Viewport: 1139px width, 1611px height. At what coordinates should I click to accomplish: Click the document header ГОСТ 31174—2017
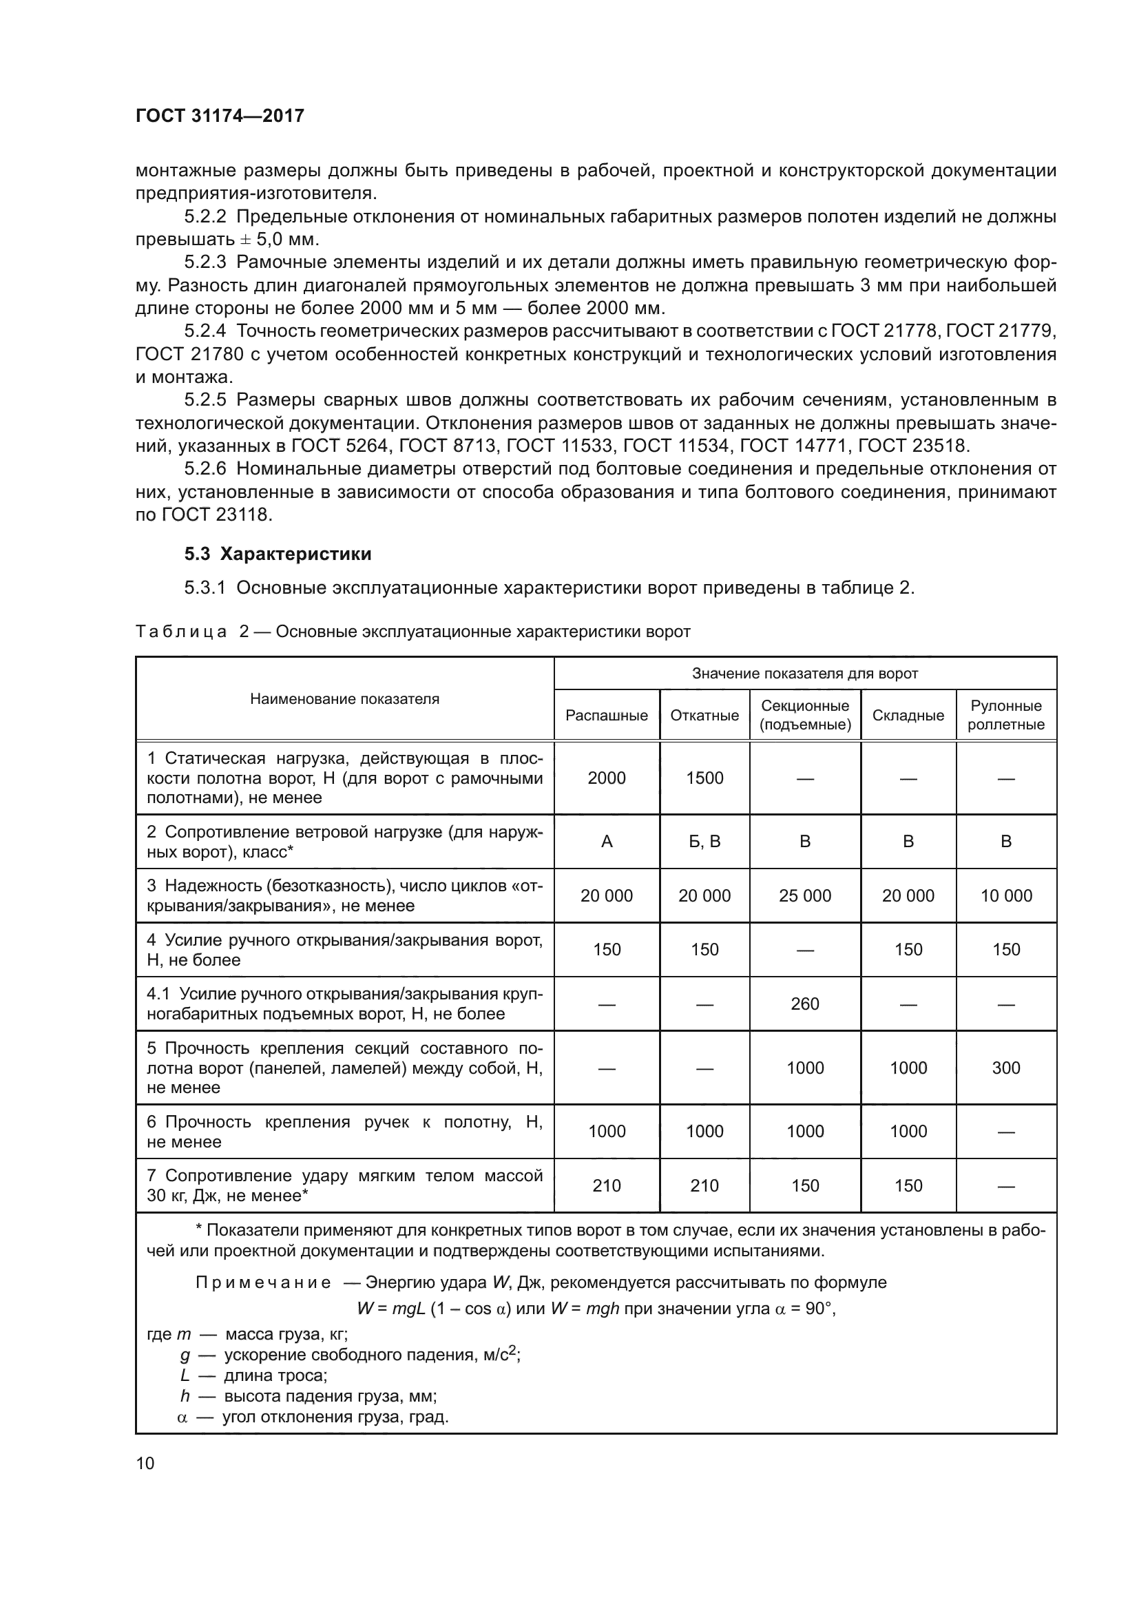coord(220,116)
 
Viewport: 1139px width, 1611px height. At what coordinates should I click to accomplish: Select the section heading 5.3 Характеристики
coord(278,554)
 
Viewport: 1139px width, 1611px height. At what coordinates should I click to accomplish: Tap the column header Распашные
coord(607,715)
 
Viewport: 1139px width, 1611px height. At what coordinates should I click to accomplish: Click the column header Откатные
coord(704,715)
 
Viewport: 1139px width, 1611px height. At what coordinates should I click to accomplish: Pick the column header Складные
coord(908,715)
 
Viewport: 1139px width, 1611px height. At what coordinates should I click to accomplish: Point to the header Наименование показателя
coord(344,698)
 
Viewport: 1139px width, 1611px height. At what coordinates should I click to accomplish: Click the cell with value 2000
coord(607,778)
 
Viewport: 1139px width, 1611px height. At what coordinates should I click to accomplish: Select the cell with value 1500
coord(704,778)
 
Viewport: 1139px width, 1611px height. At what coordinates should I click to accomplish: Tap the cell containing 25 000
coord(804,895)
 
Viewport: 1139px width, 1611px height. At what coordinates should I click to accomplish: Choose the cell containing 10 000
coord(1005,895)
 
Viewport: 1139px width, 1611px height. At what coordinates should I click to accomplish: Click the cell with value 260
coord(804,1004)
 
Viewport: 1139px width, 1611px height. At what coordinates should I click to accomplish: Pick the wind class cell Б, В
coord(704,841)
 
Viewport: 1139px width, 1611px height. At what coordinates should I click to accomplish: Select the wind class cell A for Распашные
coord(607,841)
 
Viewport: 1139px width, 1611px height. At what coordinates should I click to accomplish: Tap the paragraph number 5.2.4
coord(205,331)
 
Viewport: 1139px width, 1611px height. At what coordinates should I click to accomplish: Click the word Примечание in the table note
coord(263,1282)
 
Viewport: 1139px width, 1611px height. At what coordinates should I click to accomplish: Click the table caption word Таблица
coord(181,632)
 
